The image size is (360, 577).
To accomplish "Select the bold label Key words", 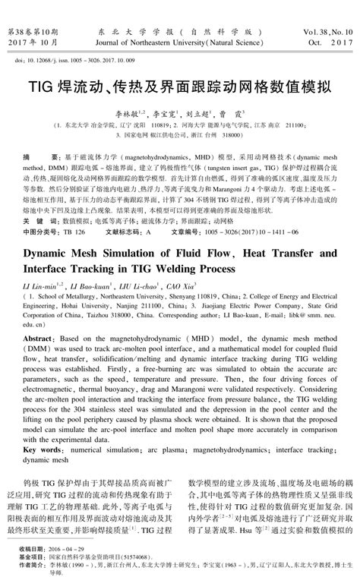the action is pos(42,449).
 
